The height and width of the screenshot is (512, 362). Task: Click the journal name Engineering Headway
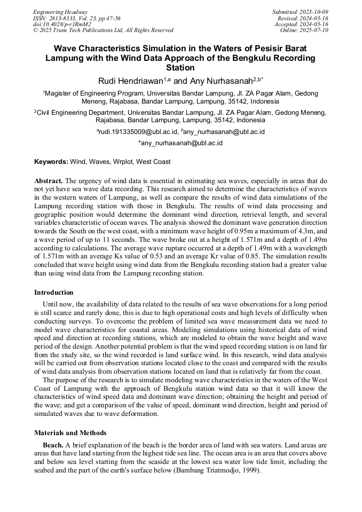(x=60, y=12)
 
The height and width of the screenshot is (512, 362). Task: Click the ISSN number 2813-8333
(x=62, y=18)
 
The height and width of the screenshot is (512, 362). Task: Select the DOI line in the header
(x=62, y=24)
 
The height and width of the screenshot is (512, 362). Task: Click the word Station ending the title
(x=180, y=68)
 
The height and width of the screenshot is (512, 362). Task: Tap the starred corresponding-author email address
(x=180, y=143)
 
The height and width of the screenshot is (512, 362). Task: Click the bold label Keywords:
(x=51, y=161)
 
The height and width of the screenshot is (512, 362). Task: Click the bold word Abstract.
(x=49, y=180)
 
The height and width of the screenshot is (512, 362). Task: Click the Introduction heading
(x=54, y=293)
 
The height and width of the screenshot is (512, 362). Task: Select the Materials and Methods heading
(x=70, y=433)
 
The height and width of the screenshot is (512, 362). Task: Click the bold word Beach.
(x=52, y=445)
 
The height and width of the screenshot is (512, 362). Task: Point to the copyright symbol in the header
(x=35, y=30)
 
